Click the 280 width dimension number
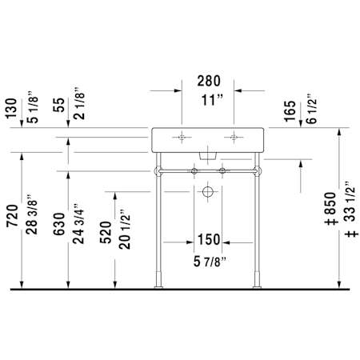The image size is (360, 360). [209, 81]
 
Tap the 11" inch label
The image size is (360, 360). [212, 100]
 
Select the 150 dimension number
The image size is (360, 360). [209, 239]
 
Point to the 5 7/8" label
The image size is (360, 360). [210, 262]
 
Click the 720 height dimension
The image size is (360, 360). [12, 216]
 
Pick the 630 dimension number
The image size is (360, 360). [59, 224]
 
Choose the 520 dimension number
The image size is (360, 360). [106, 232]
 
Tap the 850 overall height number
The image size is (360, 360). [330, 203]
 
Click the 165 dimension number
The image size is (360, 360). [290, 111]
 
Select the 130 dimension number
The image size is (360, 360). [11, 109]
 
